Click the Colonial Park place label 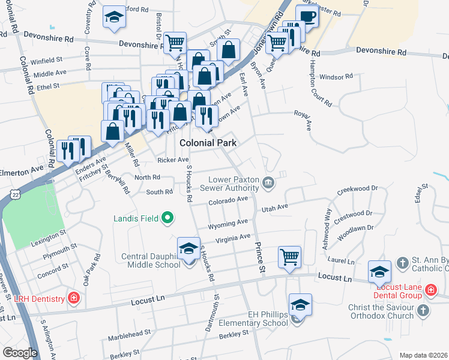click(x=208, y=143)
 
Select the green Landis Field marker click(x=168, y=218)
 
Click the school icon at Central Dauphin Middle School click(x=188, y=248)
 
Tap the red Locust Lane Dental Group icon click(x=430, y=290)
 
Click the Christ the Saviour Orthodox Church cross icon click(x=423, y=311)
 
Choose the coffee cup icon click(x=306, y=16)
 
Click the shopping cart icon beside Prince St click(x=290, y=257)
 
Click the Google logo click(x=20, y=352)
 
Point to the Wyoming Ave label click(x=228, y=224)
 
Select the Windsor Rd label click(x=336, y=77)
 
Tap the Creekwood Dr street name click(x=357, y=189)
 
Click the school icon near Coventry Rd click(x=113, y=17)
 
